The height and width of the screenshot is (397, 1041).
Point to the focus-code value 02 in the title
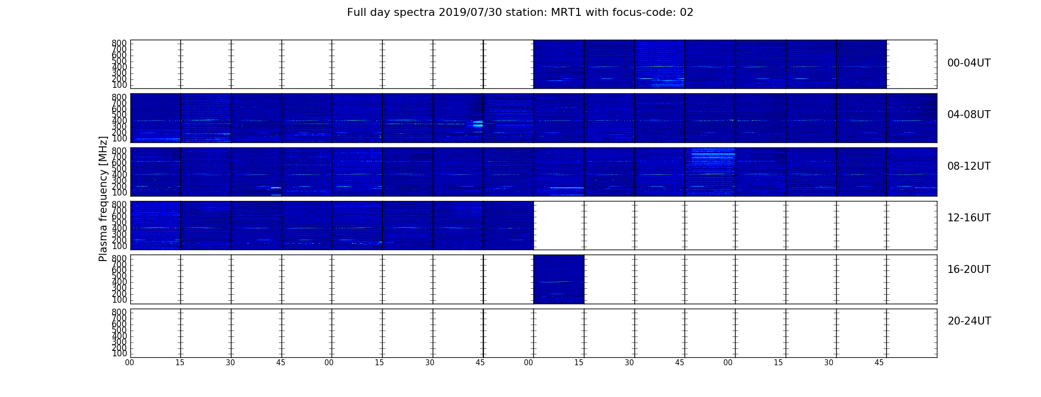(x=687, y=12)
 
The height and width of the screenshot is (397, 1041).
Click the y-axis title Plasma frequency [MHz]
(x=103, y=198)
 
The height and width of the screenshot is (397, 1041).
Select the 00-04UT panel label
(x=969, y=63)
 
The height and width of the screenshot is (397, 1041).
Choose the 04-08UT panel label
(x=969, y=115)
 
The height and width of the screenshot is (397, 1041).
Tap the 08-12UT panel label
(x=969, y=166)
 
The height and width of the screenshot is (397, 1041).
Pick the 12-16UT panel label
(x=969, y=218)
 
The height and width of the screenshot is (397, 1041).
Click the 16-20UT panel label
(x=969, y=269)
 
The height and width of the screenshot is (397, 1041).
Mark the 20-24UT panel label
(x=969, y=321)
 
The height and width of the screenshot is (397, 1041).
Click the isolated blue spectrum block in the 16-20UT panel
(x=559, y=279)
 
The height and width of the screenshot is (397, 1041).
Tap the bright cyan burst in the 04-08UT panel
(x=478, y=124)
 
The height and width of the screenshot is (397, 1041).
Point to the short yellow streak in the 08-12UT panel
(x=276, y=188)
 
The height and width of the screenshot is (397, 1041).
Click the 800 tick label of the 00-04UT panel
(x=119, y=43)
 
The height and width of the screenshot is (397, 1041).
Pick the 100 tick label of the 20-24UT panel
(x=119, y=354)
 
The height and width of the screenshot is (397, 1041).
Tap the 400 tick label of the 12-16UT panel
(x=119, y=228)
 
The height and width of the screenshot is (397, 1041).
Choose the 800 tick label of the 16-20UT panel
(x=119, y=259)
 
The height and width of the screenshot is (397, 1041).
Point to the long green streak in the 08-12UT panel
(x=567, y=188)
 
